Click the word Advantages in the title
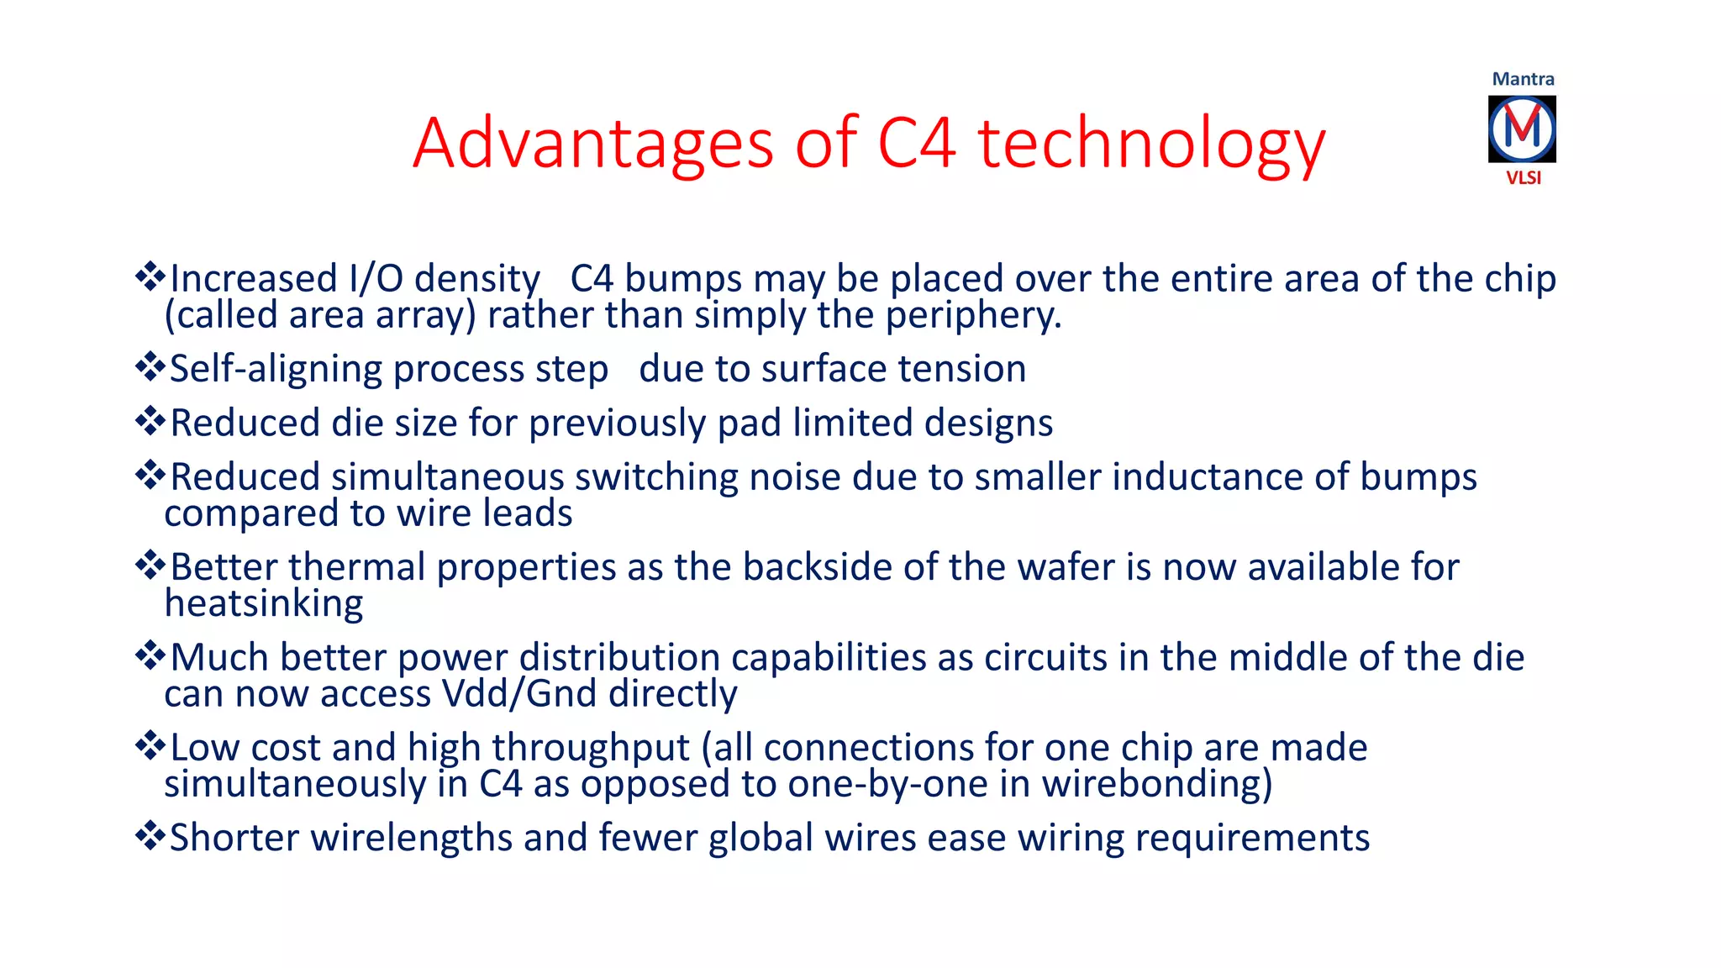pos(592,144)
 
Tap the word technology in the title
pos(1151,144)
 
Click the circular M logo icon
pos(1522,129)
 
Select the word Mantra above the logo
pos(1523,79)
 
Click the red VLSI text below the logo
pos(1523,177)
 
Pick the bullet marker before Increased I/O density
pos(150,276)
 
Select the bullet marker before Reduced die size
pos(150,420)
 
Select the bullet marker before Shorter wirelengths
pos(150,835)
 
